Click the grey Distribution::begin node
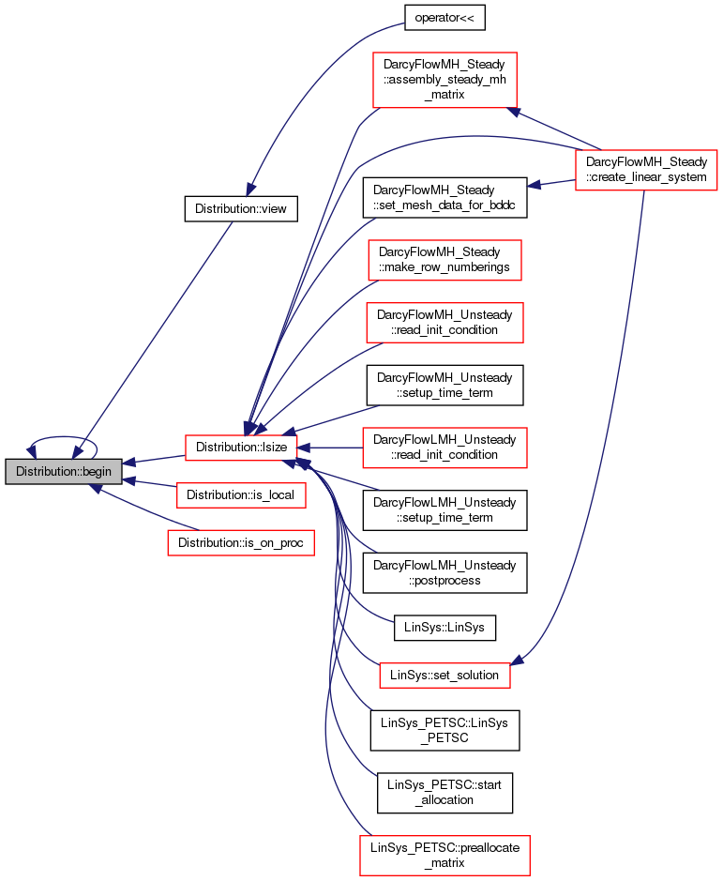[64, 471]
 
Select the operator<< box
[444, 18]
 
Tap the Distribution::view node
[241, 208]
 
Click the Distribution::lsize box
[241, 448]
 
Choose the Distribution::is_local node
[240, 495]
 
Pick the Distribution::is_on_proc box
[241, 542]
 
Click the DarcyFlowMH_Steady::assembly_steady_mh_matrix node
[444, 80]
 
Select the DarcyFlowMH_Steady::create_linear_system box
[646, 170]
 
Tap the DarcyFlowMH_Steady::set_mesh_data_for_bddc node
[444, 198]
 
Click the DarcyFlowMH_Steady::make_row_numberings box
[444, 260]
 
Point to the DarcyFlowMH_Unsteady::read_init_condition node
[444, 323]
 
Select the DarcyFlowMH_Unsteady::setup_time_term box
[444, 386]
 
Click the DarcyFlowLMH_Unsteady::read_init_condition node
[444, 448]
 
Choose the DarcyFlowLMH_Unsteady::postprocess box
[444, 572]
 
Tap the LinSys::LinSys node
[444, 627]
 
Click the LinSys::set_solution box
[444, 675]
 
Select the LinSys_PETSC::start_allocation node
[444, 793]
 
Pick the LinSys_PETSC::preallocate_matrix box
[444, 855]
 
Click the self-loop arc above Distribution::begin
[63, 436]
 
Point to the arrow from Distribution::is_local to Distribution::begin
[149, 484]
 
